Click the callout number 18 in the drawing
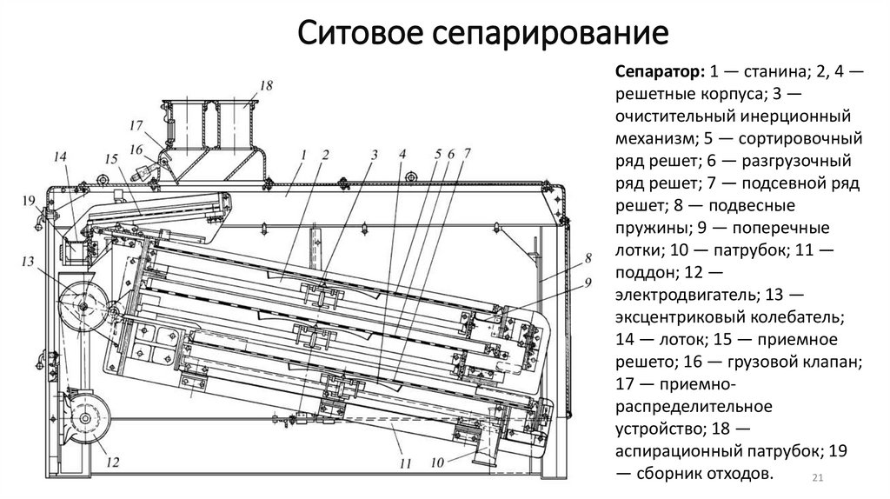(x=266, y=85)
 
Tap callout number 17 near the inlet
(x=136, y=124)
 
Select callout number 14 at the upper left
(x=59, y=157)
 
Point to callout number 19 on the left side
(x=29, y=201)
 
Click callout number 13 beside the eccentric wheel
(x=28, y=262)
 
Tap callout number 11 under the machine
(x=405, y=464)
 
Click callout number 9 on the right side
(x=588, y=282)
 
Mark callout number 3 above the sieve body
(x=374, y=155)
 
